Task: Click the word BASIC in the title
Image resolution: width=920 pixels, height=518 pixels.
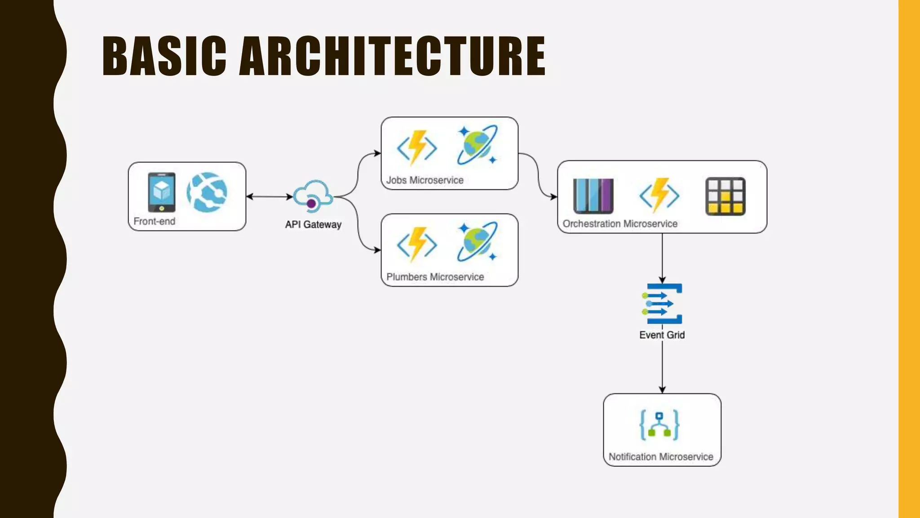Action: click(x=164, y=56)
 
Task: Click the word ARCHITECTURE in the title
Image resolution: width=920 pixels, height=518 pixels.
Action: click(x=392, y=56)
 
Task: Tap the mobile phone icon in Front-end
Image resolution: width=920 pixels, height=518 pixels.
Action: click(x=162, y=192)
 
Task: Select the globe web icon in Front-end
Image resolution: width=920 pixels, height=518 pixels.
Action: click(x=207, y=192)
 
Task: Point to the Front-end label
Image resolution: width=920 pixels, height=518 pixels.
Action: click(x=154, y=221)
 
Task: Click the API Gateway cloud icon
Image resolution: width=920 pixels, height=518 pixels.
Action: click(x=313, y=196)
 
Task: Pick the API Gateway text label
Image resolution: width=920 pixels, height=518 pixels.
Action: click(x=313, y=224)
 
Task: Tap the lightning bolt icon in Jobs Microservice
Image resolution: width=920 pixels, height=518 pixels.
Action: click(x=417, y=147)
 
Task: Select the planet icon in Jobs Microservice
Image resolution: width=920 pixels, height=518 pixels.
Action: click(x=477, y=145)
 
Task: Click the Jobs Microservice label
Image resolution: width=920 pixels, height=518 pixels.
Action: click(x=425, y=180)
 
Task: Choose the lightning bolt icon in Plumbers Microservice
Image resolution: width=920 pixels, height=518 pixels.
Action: click(x=417, y=244)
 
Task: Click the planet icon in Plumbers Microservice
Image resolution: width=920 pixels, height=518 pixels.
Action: click(x=477, y=241)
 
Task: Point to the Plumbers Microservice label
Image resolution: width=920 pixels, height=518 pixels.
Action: click(x=435, y=277)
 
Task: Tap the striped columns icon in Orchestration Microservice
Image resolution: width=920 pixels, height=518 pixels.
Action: click(x=593, y=196)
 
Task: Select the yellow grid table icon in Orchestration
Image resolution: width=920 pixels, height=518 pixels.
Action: click(x=725, y=196)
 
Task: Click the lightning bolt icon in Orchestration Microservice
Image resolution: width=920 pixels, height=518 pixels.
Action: click(x=659, y=195)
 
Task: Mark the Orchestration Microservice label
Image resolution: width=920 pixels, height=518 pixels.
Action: click(x=620, y=224)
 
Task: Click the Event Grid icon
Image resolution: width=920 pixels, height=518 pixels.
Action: click(x=662, y=304)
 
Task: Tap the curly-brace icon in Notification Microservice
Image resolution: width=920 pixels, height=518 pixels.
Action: click(x=659, y=424)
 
